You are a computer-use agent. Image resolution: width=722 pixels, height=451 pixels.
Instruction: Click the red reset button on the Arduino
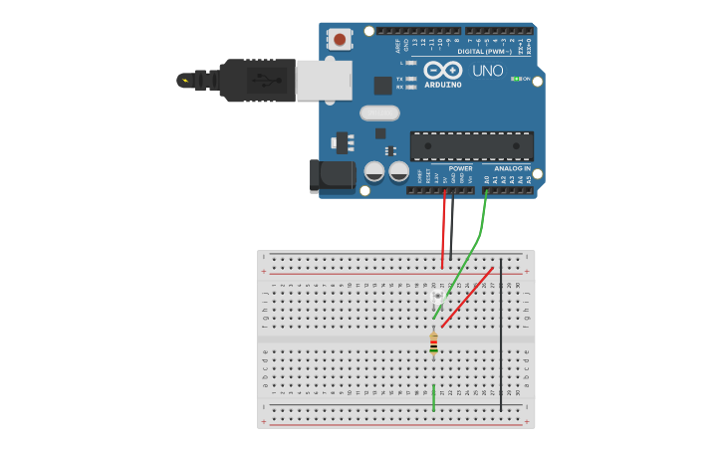pos(340,40)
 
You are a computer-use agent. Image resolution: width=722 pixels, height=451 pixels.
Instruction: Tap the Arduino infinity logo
pos(443,70)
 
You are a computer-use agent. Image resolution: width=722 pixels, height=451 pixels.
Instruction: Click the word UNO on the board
pos(488,71)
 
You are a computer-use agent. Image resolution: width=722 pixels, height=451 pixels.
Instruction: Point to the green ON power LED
pos(515,79)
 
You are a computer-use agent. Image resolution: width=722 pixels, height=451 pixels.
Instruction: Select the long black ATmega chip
pos(471,145)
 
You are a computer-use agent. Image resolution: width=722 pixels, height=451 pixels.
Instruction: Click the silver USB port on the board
pos(325,80)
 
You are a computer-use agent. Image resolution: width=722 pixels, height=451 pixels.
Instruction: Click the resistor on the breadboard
pos(433,343)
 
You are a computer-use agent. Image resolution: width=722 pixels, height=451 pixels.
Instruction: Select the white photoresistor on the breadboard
pos(438,297)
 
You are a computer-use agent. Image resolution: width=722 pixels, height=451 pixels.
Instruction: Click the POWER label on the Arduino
pos(460,168)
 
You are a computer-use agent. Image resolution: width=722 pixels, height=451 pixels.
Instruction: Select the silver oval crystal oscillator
pos(379,113)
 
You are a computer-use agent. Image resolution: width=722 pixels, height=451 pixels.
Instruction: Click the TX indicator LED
pos(411,79)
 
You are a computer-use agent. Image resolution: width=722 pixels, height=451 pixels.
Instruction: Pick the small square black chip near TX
pos(382,86)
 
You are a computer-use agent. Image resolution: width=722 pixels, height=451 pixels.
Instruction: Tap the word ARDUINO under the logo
pos(443,85)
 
